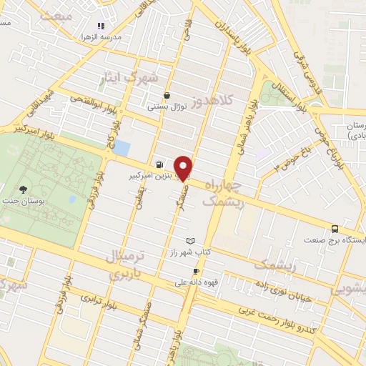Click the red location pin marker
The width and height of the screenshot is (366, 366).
[183, 167]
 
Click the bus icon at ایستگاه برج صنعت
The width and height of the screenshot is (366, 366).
[335, 229]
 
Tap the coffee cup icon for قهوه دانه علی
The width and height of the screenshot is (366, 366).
[196, 271]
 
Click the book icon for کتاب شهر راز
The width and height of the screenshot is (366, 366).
[189, 241]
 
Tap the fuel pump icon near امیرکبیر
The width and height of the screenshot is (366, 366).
[157, 163]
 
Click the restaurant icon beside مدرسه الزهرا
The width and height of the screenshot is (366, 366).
[101, 26]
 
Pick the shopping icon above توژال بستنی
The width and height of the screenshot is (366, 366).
[167, 95]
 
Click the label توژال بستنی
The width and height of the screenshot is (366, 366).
[167, 107]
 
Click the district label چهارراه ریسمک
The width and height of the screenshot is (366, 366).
[223, 194]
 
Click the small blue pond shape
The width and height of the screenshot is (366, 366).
[122, 148]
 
